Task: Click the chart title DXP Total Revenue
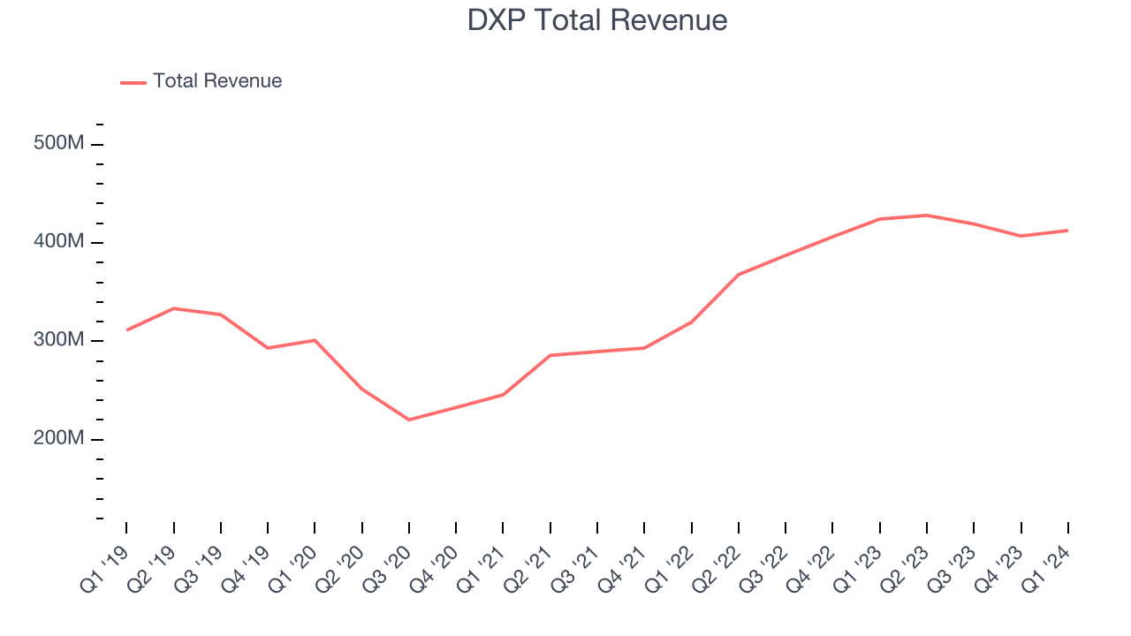597,20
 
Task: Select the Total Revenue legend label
217,81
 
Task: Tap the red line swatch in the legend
133,82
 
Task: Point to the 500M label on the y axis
58,143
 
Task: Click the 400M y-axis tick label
58,241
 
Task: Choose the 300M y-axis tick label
58,340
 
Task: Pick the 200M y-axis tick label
58,438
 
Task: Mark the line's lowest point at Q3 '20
409,420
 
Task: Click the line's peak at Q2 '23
927,215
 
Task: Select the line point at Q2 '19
174,308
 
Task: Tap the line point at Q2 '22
739,274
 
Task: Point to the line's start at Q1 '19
126,330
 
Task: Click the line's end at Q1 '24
1067,231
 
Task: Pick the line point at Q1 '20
315,340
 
